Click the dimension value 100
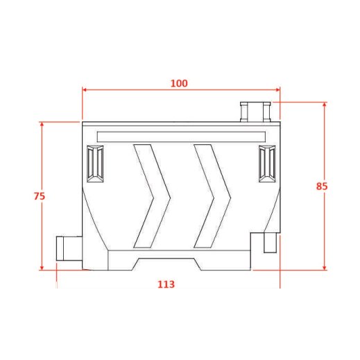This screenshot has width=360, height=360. pyautogui.click(x=179, y=83)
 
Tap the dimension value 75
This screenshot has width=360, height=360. pyautogui.click(x=40, y=196)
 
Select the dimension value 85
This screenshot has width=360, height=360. pyautogui.click(x=322, y=186)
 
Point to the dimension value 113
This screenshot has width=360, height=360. pyautogui.click(x=166, y=284)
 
